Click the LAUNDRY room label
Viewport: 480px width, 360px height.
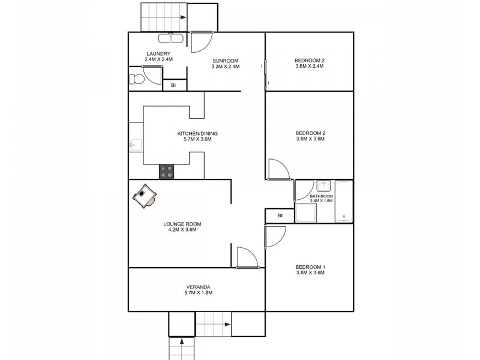[159, 53]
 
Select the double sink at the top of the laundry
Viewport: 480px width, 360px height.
[172, 38]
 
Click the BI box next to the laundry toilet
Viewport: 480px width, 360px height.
[173, 86]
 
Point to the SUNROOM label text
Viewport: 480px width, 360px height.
[225, 61]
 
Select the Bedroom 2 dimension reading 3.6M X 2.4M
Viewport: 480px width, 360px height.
[309, 67]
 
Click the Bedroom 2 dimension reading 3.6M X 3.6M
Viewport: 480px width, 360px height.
[309, 139]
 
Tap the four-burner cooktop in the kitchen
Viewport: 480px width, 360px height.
[166, 172]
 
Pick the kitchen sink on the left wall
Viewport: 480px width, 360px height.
[136, 144]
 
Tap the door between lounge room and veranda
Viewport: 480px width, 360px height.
[246, 258]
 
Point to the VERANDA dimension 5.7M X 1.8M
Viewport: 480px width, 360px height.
[198, 293]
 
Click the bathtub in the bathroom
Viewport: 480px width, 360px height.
[344, 201]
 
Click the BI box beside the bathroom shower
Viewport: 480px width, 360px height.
[280, 216]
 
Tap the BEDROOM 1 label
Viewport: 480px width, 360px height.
[309, 267]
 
